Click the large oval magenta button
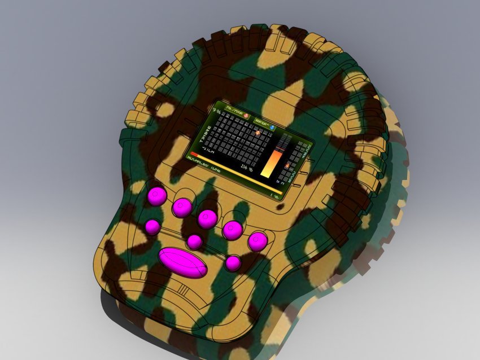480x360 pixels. click(x=183, y=262)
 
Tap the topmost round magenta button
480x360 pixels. click(x=157, y=196)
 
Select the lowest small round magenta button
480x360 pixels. click(x=233, y=263)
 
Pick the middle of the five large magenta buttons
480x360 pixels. click(x=207, y=218)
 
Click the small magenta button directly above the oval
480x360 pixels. click(x=194, y=242)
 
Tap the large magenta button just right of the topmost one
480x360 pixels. click(x=182, y=207)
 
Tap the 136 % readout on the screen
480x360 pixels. click(x=246, y=168)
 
